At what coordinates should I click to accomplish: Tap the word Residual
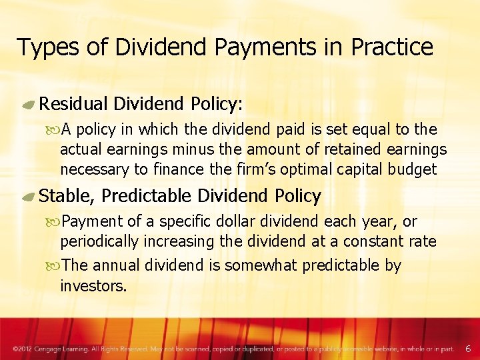tap(74, 104)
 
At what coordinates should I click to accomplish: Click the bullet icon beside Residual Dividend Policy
tap(29, 105)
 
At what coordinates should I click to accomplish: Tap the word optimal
tap(299, 169)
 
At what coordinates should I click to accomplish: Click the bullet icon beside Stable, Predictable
tap(29, 197)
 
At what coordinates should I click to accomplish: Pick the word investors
tap(92, 285)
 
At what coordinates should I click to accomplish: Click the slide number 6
tap(467, 348)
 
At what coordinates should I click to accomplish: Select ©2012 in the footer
tap(23, 349)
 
